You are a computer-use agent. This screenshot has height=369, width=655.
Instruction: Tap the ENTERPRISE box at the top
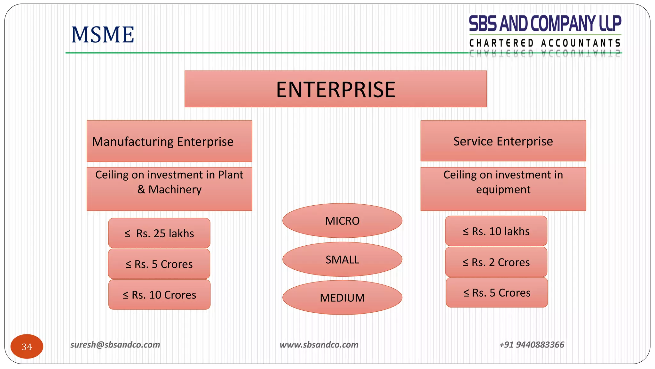335,89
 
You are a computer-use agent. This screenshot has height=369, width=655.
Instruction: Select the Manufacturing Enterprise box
169,141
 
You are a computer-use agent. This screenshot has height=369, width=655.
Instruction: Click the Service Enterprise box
503,141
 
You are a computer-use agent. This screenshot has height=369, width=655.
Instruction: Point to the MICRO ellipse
342,221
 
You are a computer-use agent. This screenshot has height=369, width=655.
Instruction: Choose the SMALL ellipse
342,259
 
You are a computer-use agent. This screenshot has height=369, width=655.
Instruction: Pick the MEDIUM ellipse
342,298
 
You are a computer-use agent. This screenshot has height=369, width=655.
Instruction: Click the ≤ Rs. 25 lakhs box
159,233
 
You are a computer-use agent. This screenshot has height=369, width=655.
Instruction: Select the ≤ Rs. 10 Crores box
159,295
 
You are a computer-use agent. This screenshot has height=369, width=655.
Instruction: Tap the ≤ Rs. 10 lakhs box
496,231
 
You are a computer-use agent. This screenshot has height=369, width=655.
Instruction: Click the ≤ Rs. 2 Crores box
496,262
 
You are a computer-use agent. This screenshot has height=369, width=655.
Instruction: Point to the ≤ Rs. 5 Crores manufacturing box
159,264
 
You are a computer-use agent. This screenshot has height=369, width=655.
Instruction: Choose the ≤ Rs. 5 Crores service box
497,292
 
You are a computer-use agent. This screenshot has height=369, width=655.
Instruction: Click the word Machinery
175,190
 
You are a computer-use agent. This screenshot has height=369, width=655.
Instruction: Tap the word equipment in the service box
503,190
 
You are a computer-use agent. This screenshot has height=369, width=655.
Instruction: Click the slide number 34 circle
27,347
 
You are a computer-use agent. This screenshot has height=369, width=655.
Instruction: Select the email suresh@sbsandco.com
115,345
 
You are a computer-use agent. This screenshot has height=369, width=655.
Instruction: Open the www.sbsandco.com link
319,345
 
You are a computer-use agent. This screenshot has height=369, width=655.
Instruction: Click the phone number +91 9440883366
532,345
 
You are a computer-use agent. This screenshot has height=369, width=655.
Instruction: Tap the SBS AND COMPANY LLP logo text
545,24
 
